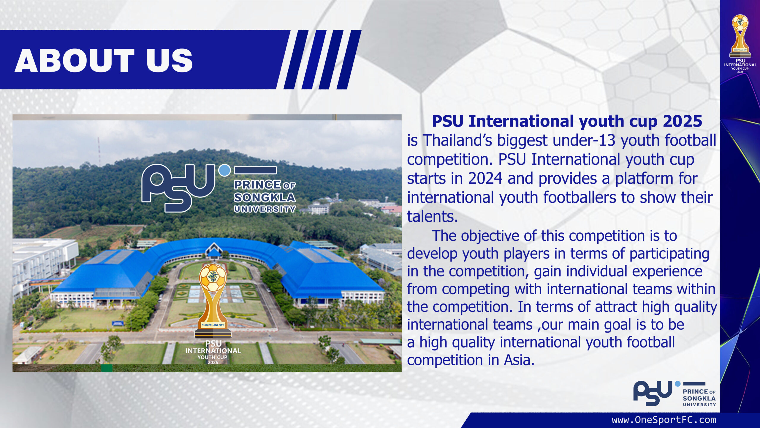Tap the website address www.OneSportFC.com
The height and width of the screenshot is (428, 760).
pos(664,420)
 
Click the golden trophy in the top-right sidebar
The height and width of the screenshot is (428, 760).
pos(740,36)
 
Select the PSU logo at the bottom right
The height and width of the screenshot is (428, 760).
pos(674,394)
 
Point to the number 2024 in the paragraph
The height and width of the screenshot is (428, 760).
pos(485,179)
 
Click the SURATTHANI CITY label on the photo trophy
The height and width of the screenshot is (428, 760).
pos(213,325)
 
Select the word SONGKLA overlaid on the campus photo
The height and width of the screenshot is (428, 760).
pos(265,198)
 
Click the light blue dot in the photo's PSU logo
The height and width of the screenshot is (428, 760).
pos(225,170)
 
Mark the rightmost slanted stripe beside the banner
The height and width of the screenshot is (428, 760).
pos(349,59)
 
